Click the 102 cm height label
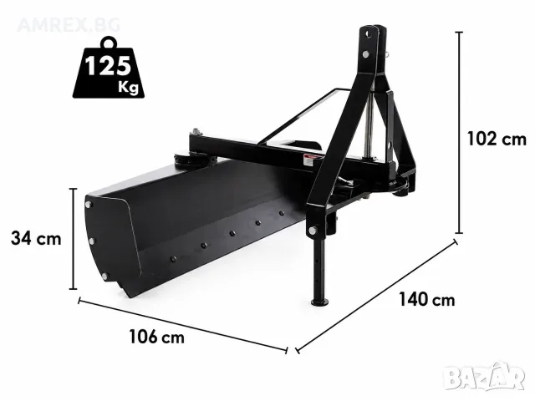point(496,140)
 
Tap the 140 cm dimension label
point(426,301)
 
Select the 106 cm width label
point(156,338)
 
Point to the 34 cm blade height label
point(36,238)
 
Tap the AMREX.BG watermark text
point(69,25)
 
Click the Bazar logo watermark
point(485,377)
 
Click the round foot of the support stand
point(319,302)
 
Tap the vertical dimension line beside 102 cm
point(460,132)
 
